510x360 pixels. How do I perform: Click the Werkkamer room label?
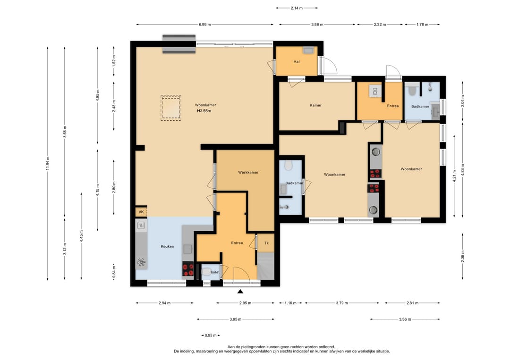[x=248, y=173]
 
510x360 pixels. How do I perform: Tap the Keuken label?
[x=167, y=247]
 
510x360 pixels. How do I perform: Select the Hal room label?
[x=296, y=62]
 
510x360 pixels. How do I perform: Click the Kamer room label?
[x=315, y=105]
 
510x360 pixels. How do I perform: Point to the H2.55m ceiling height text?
[x=204, y=111]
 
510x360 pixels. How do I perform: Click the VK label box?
[x=141, y=212]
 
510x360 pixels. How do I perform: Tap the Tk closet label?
[x=267, y=243]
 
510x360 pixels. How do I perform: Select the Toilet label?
[x=215, y=272]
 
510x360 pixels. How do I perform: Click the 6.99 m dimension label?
[x=204, y=25]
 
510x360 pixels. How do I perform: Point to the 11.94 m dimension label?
[x=48, y=163]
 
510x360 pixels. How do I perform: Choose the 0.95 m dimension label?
[x=211, y=335]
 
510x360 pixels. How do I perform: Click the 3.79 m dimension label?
[x=342, y=303]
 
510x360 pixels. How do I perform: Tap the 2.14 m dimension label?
[x=297, y=8]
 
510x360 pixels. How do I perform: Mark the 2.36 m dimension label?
[x=462, y=256]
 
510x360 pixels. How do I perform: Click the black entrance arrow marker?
[x=240, y=292]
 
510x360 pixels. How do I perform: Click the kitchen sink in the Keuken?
[x=141, y=225]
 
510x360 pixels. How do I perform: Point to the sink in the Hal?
[x=308, y=50]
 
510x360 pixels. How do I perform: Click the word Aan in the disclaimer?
[x=231, y=347]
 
